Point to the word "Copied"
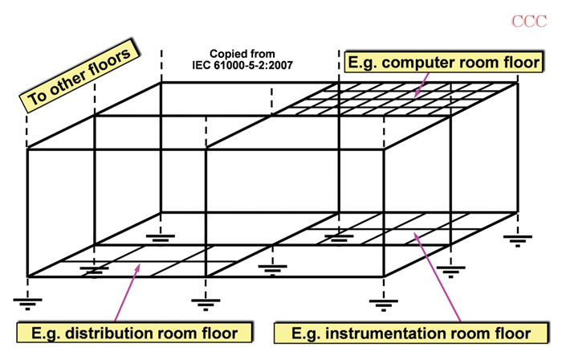point(226,54)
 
